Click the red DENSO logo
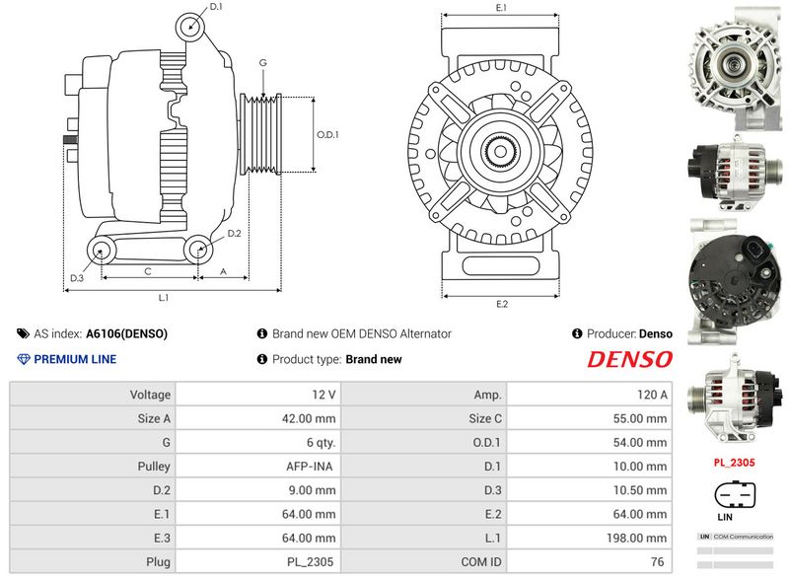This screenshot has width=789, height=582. point(629,359)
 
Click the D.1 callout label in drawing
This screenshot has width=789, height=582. point(216,7)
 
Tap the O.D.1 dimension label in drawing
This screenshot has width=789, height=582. point(326,135)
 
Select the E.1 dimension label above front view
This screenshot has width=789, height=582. point(501,8)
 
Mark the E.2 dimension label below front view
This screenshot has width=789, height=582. point(501,304)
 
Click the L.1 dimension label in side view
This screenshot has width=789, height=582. point(164,297)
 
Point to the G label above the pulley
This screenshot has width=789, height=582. point(262,62)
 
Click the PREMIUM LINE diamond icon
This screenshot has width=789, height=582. point(24,359)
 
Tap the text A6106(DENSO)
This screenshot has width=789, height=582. point(126,333)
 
